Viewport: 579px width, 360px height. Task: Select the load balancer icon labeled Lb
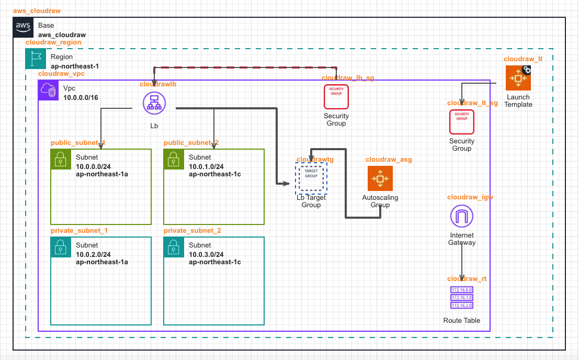[154, 103]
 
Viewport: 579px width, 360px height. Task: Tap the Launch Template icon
[518, 78]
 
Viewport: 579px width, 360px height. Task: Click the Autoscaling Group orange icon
[380, 179]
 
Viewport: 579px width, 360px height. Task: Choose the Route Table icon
[462, 297]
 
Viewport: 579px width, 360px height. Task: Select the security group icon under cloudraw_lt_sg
[462, 122]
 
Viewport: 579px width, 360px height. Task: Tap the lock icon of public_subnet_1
[61, 160]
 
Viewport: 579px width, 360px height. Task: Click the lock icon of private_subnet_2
[174, 248]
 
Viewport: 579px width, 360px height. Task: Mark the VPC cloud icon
[49, 91]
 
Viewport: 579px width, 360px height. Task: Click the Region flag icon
[36, 59]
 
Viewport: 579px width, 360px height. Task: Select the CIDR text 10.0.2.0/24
[93, 254]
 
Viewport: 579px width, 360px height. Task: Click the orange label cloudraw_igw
[470, 197]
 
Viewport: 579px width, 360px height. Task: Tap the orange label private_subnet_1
[79, 230]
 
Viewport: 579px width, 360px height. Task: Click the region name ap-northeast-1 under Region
[75, 66]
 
